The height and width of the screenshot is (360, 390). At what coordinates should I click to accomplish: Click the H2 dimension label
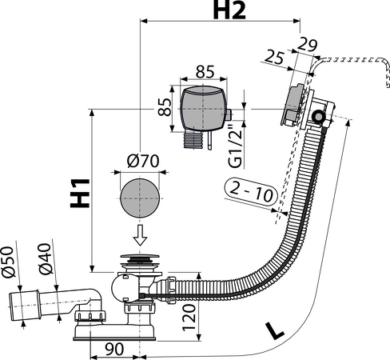(229, 11)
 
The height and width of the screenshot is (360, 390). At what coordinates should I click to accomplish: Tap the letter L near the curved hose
(274, 331)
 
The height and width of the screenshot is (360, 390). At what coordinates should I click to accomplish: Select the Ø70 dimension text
(143, 161)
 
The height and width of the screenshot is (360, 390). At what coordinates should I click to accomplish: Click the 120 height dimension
(189, 318)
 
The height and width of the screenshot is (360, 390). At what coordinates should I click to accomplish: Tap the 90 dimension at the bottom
(114, 349)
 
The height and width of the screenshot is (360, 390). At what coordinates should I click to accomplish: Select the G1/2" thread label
(236, 146)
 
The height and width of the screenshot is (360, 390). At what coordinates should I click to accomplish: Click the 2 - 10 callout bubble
(251, 191)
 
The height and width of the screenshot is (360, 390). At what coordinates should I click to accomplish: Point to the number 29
(307, 45)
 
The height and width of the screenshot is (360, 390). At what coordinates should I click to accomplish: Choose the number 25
(274, 57)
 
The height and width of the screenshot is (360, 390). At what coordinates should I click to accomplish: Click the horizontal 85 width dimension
(205, 71)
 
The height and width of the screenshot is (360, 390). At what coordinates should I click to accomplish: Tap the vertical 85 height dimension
(165, 107)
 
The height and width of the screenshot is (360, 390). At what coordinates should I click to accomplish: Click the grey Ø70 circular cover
(140, 198)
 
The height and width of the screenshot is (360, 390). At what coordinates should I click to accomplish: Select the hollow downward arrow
(140, 235)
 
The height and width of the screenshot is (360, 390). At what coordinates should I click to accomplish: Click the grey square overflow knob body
(204, 108)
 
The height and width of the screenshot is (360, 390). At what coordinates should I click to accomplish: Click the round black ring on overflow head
(318, 117)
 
